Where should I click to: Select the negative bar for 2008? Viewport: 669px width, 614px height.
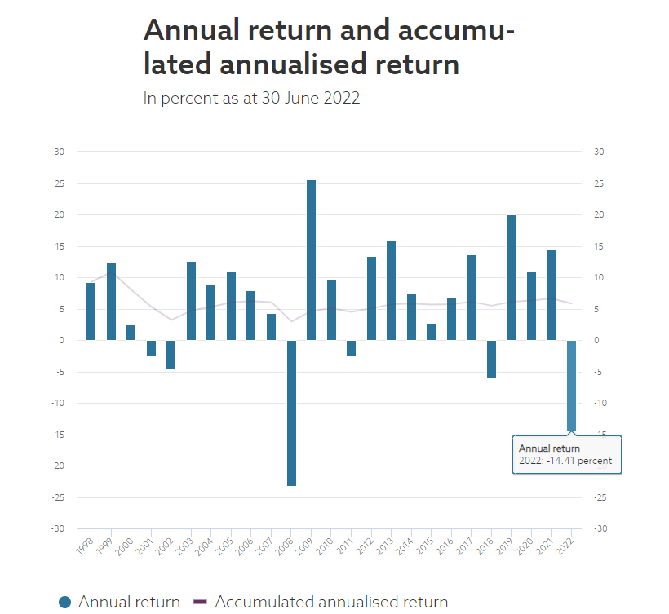coord(291,413)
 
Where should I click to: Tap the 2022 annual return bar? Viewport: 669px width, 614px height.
coord(571,385)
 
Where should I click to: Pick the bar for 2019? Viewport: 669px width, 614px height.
coord(511,277)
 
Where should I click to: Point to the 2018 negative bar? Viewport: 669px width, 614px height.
coord(491,359)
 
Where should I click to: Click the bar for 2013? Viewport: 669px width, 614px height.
coord(391,290)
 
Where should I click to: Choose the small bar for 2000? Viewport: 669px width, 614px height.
coord(131,333)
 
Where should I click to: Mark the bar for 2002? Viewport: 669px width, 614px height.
coord(171,355)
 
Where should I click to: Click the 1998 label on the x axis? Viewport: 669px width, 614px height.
coord(84,546)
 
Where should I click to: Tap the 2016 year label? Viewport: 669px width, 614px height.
coord(445,546)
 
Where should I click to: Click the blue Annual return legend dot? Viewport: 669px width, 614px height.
coord(65,603)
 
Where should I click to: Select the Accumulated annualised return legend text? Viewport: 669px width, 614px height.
coord(331,603)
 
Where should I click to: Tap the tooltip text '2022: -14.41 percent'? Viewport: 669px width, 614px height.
coord(565,462)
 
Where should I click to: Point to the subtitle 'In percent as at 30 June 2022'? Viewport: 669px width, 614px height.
coord(251,98)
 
